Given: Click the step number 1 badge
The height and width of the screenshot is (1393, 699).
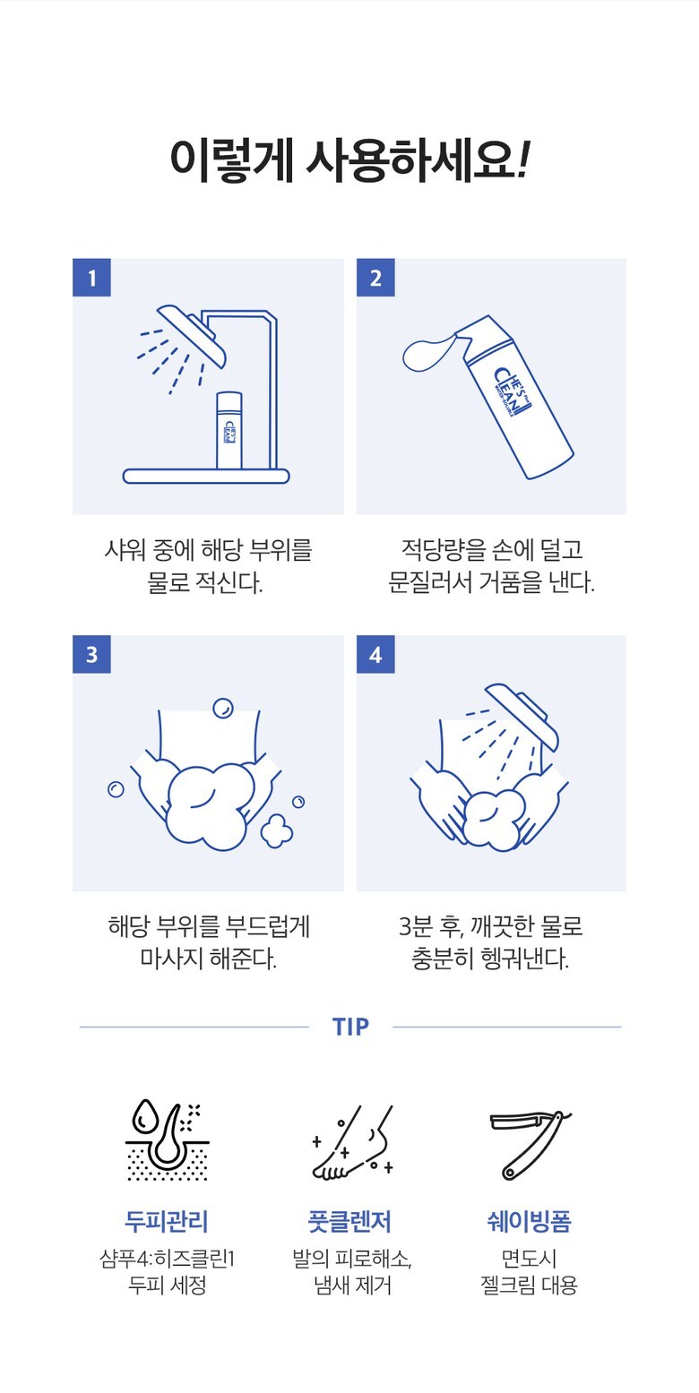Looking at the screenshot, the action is pyautogui.click(x=91, y=278).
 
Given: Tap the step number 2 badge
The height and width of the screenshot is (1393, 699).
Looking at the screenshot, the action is pyautogui.click(x=375, y=278).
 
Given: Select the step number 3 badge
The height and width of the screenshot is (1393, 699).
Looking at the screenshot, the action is pyautogui.click(x=91, y=654).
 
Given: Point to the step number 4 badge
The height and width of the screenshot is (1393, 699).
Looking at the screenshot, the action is pyautogui.click(x=375, y=654).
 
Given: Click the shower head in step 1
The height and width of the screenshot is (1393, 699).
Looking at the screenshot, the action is pyautogui.click(x=192, y=334).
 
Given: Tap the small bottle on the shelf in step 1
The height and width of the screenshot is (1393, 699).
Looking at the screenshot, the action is pyautogui.click(x=229, y=430).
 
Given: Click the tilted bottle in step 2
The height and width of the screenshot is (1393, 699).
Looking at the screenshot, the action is pyautogui.click(x=515, y=398).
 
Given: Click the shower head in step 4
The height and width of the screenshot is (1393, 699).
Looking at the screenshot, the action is pyautogui.click(x=522, y=714).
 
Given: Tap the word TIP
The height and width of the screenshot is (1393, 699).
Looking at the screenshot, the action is pyautogui.click(x=350, y=1027).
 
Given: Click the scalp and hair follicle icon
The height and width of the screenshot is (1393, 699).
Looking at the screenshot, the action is pyautogui.click(x=168, y=1142).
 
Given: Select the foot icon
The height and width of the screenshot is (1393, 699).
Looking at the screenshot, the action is pyautogui.click(x=353, y=1143).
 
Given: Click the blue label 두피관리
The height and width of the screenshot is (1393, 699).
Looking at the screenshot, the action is pyautogui.click(x=167, y=1221).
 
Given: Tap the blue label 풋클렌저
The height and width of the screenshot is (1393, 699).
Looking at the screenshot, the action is pyautogui.click(x=350, y=1221).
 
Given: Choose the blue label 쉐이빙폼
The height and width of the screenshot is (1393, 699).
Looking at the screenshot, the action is pyautogui.click(x=530, y=1221).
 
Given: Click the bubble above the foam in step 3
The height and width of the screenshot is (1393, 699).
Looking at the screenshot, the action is pyautogui.click(x=222, y=708).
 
